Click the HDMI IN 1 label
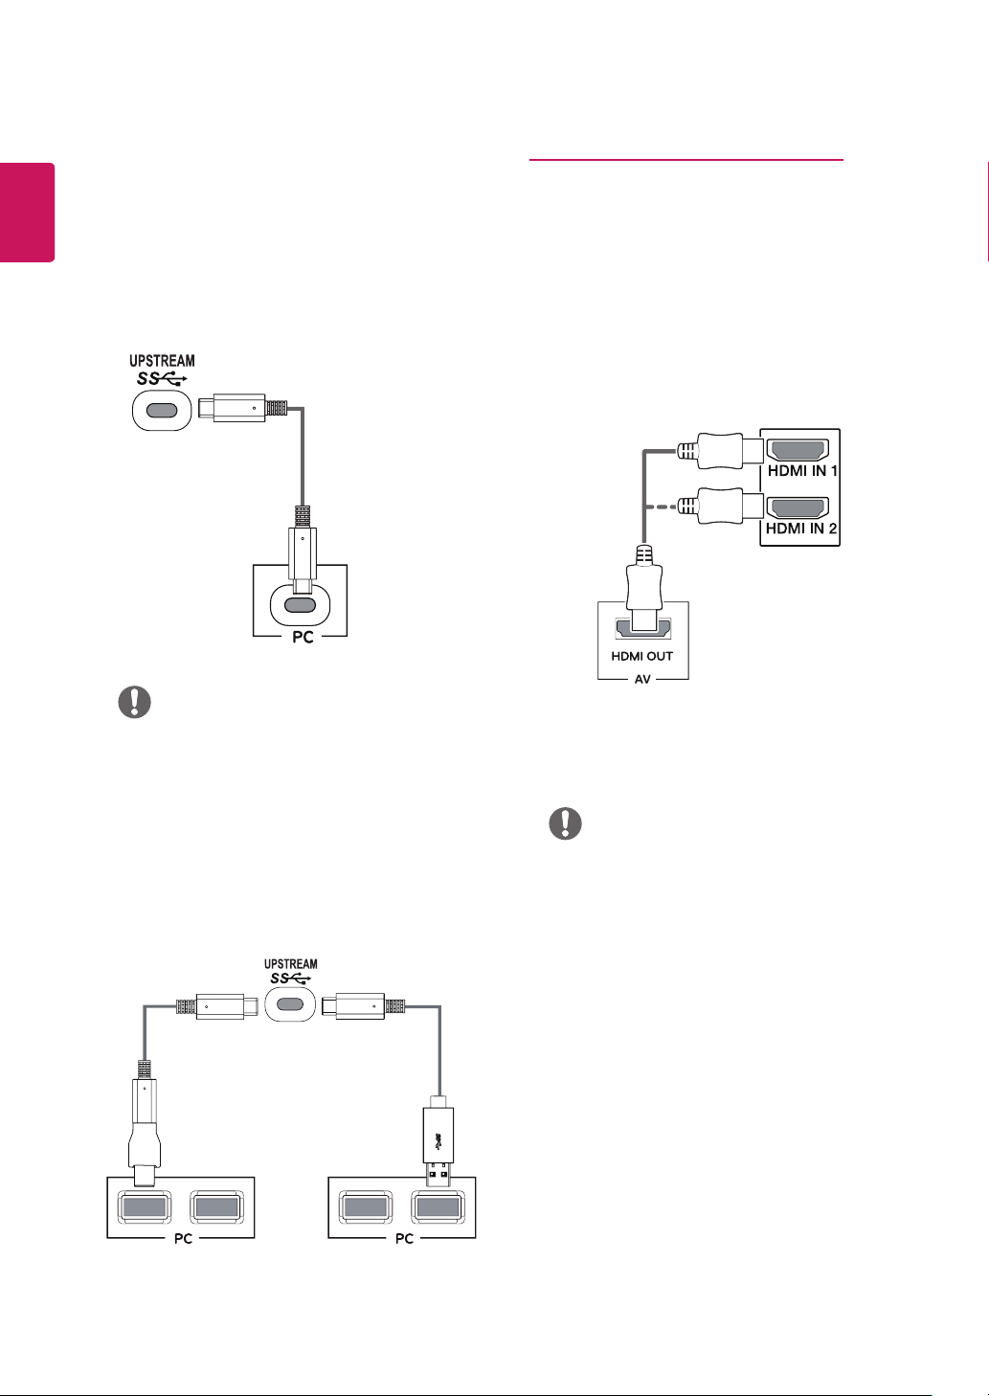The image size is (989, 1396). (802, 471)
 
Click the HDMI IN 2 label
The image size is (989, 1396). (800, 529)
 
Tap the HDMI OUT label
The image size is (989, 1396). (641, 656)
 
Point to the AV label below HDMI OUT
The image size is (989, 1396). (642, 679)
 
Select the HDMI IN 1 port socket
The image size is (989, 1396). (798, 450)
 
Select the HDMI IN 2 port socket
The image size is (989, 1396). (798, 507)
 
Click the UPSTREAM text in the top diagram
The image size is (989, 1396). (162, 361)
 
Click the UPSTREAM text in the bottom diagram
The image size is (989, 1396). (291, 964)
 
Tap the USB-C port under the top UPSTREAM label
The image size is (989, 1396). (162, 411)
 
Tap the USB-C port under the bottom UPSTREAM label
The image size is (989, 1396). (290, 1004)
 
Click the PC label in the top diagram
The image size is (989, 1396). (303, 638)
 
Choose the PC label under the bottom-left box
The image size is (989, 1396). (183, 1238)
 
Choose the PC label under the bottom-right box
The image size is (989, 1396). (404, 1238)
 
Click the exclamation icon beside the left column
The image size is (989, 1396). (135, 702)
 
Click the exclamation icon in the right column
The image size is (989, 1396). (565, 823)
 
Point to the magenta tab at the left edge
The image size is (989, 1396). (27, 213)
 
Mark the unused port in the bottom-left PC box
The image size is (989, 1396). (216, 1207)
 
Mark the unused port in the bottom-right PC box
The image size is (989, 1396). (366, 1207)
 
